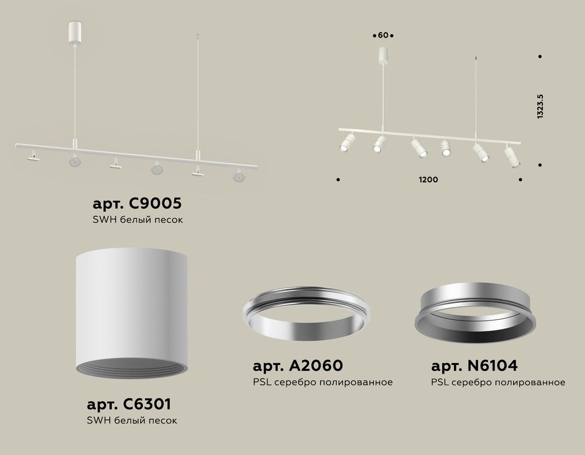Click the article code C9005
click(137, 204)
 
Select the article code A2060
click(298, 366)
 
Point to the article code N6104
click(474, 366)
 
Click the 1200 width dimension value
click(429, 180)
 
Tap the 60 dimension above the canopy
click(383, 36)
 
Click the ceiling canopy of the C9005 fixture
click(74, 29)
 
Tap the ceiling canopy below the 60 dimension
click(383, 56)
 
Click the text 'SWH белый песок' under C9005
click(139, 220)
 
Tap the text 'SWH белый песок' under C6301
click(132, 420)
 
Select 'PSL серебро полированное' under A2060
click(322, 382)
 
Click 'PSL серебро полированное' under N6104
click(498, 382)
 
